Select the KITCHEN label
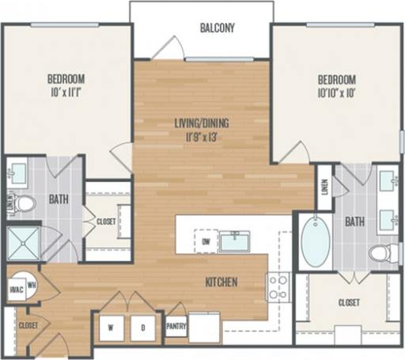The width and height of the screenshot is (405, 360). pyautogui.click(x=222, y=282)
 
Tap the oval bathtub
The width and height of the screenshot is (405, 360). pyautogui.click(x=314, y=242)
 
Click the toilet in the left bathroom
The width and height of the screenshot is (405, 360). pyautogui.click(x=25, y=204)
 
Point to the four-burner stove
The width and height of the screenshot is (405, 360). pyautogui.click(x=278, y=287)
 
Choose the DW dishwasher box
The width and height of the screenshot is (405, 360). pyautogui.click(x=206, y=241)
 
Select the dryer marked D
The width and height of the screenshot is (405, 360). pyautogui.click(x=142, y=325)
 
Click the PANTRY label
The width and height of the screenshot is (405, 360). pyautogui.click(x=176, y=324)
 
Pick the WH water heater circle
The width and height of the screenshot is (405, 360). pyautogui.click(x=32, y=285)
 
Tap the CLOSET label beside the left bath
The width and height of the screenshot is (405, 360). pyautogui.click(x=106, y=222)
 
